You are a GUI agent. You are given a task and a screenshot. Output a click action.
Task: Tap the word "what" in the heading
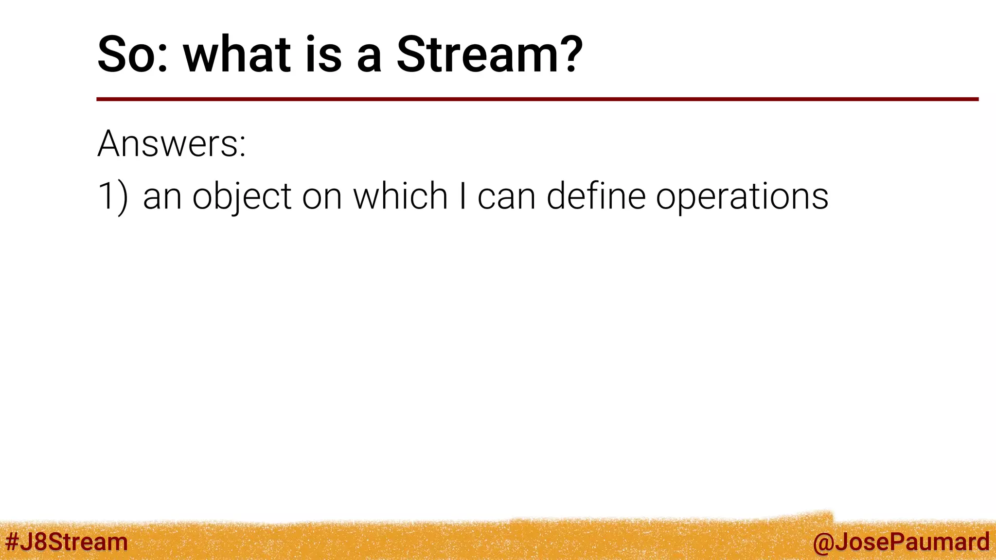(237, 54)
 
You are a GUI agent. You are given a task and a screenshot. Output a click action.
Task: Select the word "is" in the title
(323, 54)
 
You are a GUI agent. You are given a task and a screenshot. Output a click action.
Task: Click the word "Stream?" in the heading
(489, 54)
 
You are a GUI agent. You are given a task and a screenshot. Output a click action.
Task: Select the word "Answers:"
(172, 144)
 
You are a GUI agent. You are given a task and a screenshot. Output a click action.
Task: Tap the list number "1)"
(113, 196)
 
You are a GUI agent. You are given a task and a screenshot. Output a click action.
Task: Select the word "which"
(400, 196)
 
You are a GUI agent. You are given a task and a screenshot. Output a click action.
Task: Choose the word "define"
(596, 196)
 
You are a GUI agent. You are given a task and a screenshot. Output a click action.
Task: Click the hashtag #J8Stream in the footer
(67, 542)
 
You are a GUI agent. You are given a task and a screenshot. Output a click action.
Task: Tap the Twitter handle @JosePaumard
(901, 542)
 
